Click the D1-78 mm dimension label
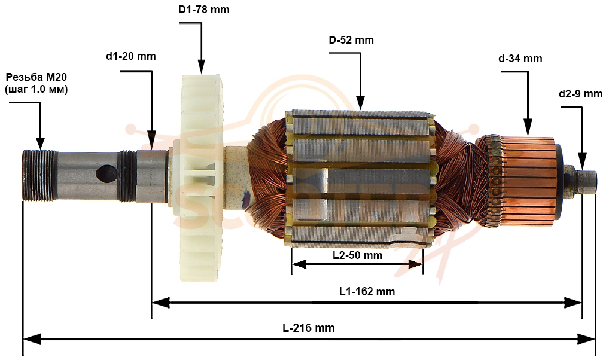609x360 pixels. coord(204,10)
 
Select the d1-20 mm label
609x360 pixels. coord(131,56)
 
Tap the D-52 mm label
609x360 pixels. coord(351,40)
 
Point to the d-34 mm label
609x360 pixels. coord(520,59)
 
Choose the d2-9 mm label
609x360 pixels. coord(581,94)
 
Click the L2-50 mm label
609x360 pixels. coord(357,255)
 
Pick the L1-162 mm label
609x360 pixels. coord(367,291)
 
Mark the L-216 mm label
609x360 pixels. coord(308,328)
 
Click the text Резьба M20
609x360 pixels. coord(36,77)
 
